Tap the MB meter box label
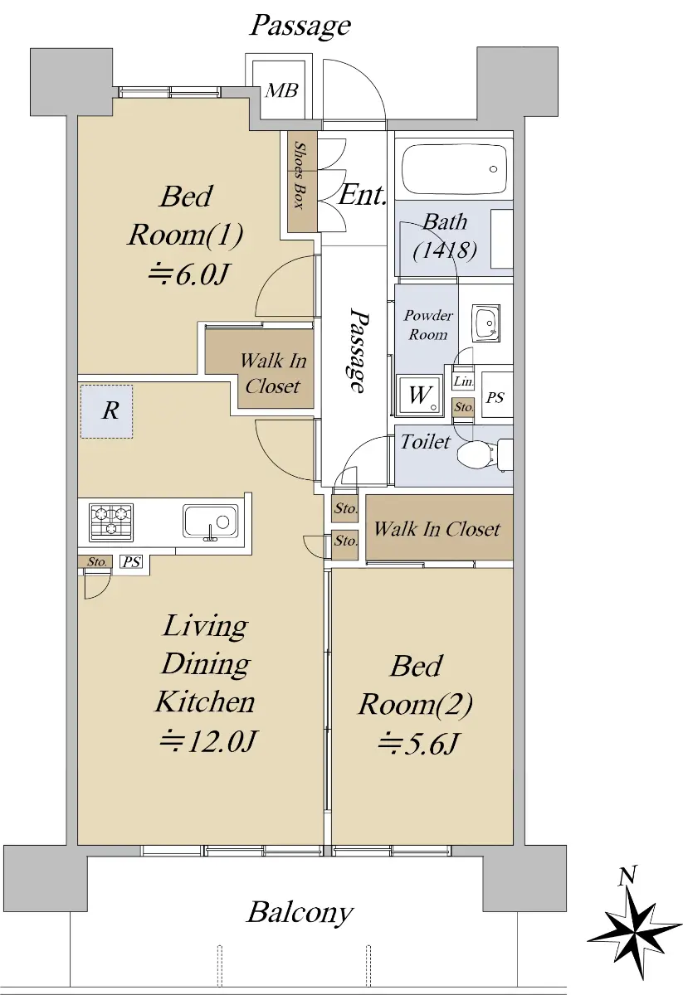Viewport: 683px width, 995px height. (281, 90)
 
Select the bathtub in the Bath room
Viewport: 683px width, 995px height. (454, 169)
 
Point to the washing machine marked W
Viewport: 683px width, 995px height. (420, 395)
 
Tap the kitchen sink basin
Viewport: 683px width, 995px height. (210, 521)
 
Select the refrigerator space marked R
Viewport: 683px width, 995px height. (107, 412)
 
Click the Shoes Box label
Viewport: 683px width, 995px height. (301, 175)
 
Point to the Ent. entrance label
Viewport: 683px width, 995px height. (362, 195)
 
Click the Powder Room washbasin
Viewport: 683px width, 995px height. (486, 323)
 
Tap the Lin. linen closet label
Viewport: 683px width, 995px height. (463, 381)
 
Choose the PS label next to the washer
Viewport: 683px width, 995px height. (495, 396)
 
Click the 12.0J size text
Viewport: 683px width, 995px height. (208, 740)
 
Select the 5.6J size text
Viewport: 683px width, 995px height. (417, 743)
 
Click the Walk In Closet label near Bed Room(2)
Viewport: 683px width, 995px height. (437, 529)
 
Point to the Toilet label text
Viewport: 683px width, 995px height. (426, 441)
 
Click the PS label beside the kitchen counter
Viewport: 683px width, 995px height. (132, 562)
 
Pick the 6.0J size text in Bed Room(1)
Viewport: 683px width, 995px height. (188, 275)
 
